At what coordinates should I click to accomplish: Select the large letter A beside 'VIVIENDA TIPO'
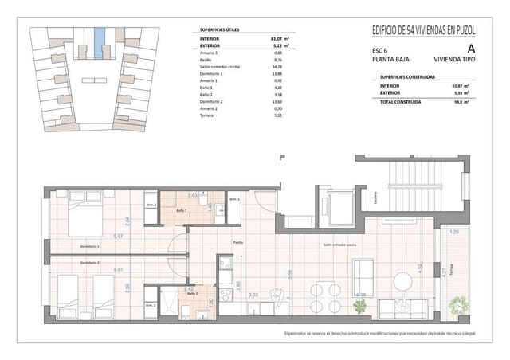click(460, 48)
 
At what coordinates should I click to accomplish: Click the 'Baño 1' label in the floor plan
click(182, 211)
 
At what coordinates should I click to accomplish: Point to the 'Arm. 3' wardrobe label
click(234, 199)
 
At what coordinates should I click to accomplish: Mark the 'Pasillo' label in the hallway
click(237, 241)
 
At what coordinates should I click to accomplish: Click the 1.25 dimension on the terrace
click(454, 232)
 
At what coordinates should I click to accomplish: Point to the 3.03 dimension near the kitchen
click(253, 295)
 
